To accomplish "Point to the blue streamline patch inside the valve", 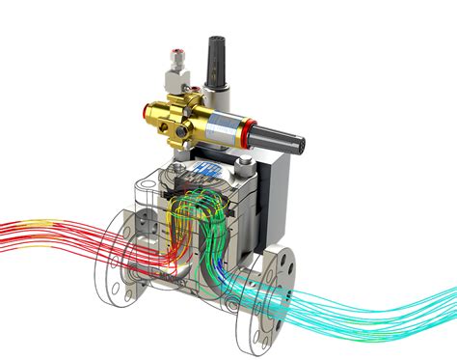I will [225, 262].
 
